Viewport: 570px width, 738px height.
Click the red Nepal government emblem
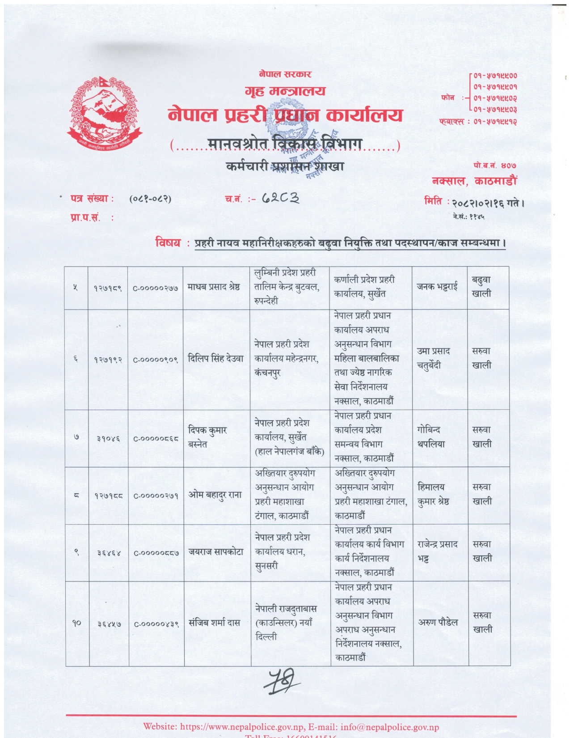pos(104,115)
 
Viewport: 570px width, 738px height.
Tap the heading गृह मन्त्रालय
pos(285,91)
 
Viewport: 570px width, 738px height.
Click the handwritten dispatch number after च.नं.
pos(280,198)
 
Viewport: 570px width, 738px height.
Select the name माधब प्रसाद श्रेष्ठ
pos(214,287)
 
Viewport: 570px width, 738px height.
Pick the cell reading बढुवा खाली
pos(481,287)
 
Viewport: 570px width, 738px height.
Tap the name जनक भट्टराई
pos(437,287)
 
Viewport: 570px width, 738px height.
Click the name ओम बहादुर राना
pos(215,495)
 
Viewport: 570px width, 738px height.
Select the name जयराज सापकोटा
pos(216,552)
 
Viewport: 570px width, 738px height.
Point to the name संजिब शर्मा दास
pos(215,623)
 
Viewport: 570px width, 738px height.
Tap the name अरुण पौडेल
pos(438,622)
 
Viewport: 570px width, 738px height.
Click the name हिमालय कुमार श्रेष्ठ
pos(433,494)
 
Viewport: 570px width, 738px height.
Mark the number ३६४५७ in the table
pos(109,623)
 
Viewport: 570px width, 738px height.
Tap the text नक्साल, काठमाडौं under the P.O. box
pos(474,181)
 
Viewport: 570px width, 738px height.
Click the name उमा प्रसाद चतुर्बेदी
pos(433,358)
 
